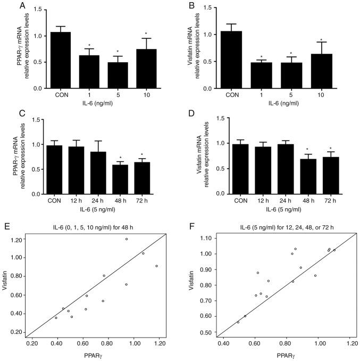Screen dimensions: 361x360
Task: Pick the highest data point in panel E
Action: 127,239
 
